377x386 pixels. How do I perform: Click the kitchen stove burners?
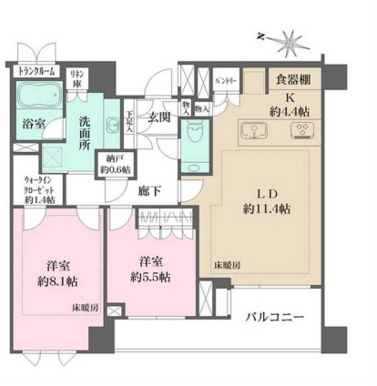298,129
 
